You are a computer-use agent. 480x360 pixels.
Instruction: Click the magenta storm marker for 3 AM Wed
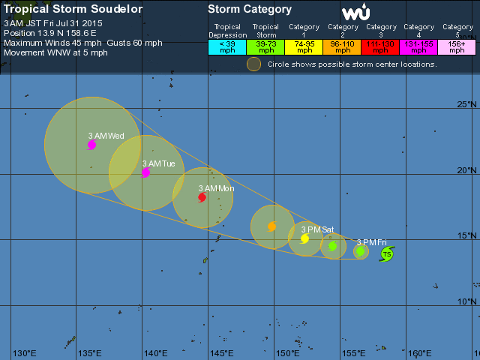tap(91, 145)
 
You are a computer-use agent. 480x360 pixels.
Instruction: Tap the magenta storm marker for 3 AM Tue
tap(145, 172)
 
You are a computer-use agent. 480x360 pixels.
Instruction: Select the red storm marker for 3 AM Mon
tap(202, 197)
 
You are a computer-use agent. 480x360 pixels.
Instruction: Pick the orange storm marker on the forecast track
tap(271, 226)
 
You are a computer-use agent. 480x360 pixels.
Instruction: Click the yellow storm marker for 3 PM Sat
tap(305, 238)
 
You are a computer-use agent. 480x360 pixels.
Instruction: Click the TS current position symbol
tap(386, 254)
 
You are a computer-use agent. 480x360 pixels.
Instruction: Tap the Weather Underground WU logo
tap(355, 13)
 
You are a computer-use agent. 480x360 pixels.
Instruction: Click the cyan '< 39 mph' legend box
tap(226, 47)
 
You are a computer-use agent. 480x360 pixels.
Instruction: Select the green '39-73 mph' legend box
tap(265, 47)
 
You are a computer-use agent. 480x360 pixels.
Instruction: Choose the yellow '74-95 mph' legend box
tap(304, 47)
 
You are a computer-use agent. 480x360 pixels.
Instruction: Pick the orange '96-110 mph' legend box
tap(343, 47)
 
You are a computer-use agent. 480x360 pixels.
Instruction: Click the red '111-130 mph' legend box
tap(382, 47)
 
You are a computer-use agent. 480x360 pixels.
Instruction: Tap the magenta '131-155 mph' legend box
tap(420, 47)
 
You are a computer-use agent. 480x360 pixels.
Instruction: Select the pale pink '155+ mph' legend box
tap(458, 47)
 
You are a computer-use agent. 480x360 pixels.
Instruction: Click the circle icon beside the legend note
tap(254, 64)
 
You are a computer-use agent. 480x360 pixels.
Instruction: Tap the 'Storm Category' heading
tap(250, 10)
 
